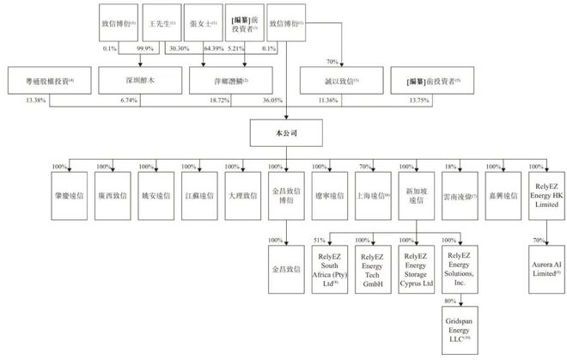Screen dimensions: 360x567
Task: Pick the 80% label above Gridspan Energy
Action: click(448, 302)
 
